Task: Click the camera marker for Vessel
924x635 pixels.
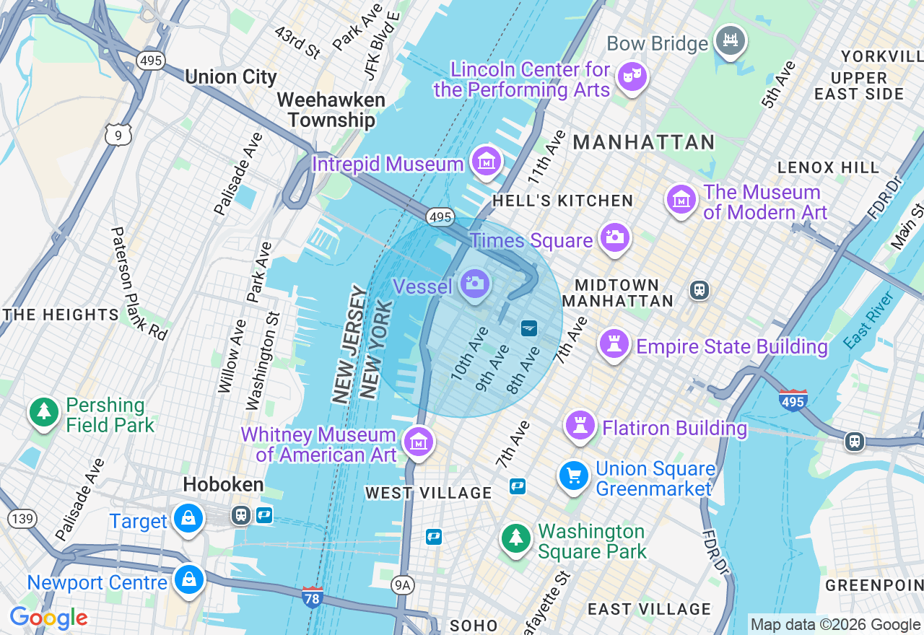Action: [474, 283]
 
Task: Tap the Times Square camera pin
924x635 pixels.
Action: [614, 237]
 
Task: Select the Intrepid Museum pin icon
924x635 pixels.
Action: [487, 162]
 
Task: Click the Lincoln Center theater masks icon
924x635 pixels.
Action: [632, 76]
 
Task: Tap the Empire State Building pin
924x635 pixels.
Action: [614, 344]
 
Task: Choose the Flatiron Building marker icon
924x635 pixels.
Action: [580, 425]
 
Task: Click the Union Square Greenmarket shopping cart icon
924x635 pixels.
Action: [574, 476]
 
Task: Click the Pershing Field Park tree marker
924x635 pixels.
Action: [44, 412]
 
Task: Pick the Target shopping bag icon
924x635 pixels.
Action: [188, 519]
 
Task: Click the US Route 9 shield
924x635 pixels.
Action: [118, 134]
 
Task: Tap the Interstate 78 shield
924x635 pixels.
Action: [313, 596]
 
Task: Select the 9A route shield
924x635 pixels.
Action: [403, 585]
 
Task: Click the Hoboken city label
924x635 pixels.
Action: [223, 484]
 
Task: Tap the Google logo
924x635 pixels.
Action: [48, 618]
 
